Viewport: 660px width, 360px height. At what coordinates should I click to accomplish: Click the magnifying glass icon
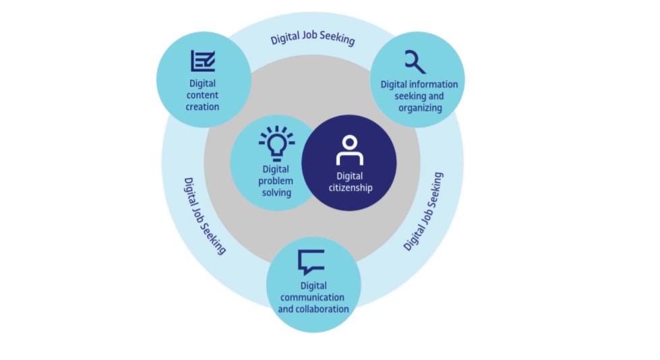tap(415, 62)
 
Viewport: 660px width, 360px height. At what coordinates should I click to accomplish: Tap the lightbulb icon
tap(276, 143)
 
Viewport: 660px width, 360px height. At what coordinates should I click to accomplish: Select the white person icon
tap(349, 150)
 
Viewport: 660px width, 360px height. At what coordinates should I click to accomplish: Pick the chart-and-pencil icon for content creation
tap(202, 61)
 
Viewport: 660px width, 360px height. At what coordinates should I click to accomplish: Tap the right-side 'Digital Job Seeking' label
tap(423, 211)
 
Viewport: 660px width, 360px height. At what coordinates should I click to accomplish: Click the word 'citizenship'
tap(350, 188)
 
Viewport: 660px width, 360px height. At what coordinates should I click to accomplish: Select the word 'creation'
tap(202, 107)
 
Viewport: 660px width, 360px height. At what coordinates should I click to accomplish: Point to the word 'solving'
tap(276, 193)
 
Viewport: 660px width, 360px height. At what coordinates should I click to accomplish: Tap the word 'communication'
tap(313, 297)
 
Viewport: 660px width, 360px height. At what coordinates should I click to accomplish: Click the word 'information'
tap(435, 84)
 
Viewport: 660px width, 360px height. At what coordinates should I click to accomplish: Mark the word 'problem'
tap(276, 181)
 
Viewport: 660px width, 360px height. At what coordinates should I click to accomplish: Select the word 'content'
tap(202, 95)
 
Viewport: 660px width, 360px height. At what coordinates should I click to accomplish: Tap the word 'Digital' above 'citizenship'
tap(350, 176)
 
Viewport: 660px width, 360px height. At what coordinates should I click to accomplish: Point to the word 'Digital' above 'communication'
tap(313, 286)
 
